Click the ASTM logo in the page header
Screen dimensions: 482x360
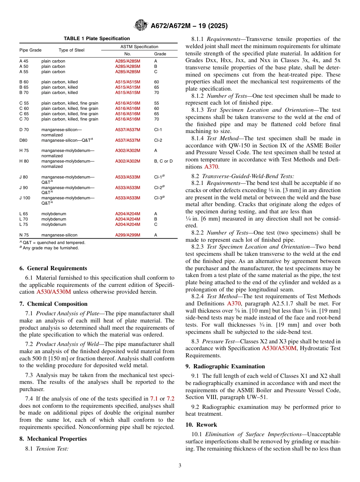pos(141,26)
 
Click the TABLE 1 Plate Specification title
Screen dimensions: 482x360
pos(97,39)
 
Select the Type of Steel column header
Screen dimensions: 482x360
pos(72,50)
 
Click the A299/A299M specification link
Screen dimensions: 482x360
pos(128,235)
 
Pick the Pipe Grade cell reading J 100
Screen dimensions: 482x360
pos(25,198)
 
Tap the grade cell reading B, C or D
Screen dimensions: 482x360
pos(163,161)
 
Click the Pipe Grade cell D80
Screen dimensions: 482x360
pos(23,140)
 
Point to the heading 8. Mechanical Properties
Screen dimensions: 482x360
pos(53,439)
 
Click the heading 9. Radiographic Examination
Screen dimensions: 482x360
pos(225,366)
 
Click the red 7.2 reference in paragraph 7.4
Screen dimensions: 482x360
pos(171,399)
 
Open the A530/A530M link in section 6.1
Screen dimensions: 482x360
pos(53,292)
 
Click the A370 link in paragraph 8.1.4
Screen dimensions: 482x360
pos(211,167)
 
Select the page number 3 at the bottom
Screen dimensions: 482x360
pos(180,466)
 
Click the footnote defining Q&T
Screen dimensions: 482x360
pos(52,243)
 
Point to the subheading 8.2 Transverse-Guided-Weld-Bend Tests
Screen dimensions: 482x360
pos(243,176)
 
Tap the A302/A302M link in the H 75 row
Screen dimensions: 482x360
pos(128,150)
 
